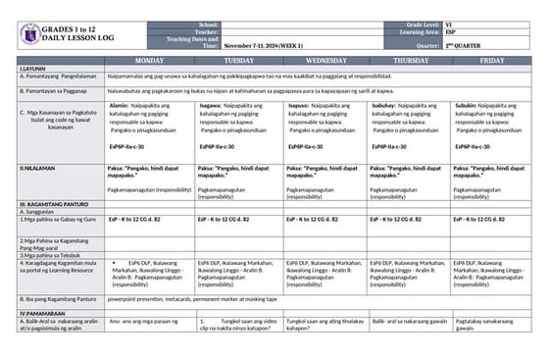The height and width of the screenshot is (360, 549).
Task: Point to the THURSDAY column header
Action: [411, 60]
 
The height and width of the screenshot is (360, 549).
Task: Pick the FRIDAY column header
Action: [492, 60]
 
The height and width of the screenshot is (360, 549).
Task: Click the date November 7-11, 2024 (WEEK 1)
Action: [263, 45]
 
